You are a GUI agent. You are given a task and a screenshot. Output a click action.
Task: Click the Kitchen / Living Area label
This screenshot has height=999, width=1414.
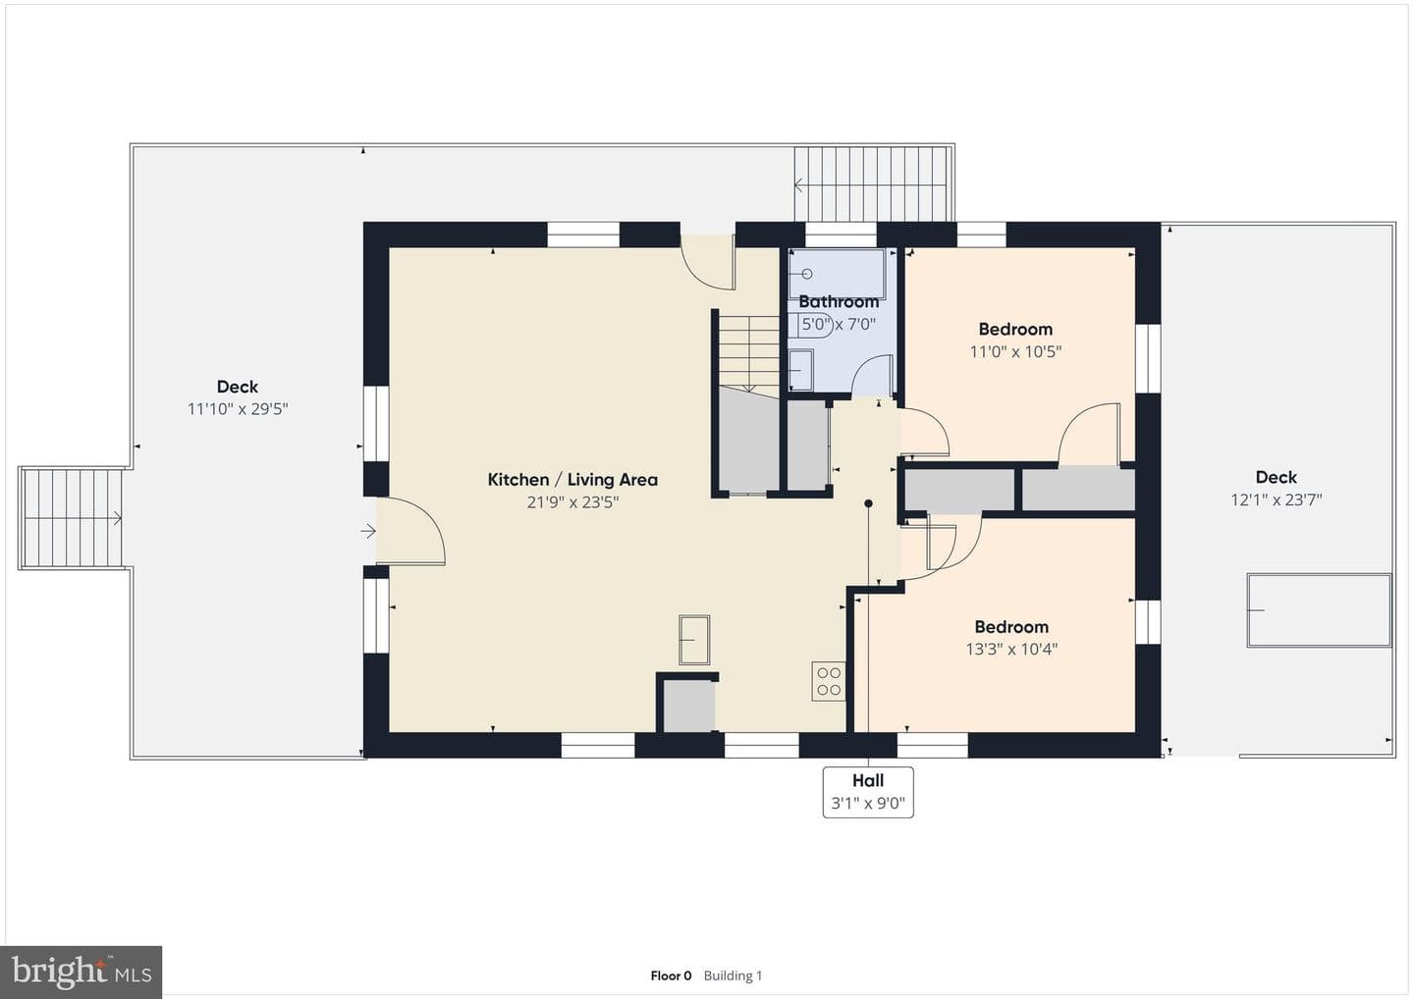click(572, 480)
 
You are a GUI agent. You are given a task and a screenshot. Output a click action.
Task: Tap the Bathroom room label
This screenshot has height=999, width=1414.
click(839, 302)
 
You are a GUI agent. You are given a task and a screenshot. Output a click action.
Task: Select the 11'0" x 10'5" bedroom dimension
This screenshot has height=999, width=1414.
click(1015, 351)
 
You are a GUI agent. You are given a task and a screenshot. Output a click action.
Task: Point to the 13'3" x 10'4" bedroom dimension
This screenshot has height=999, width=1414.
click(1011, 649)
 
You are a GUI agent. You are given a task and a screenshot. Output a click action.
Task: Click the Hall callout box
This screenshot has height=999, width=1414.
click(868, 792)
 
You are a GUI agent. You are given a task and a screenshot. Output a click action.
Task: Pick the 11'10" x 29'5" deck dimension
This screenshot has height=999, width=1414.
click(238, 408)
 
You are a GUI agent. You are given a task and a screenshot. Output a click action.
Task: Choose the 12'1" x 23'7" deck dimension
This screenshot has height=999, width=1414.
click(1277, 500)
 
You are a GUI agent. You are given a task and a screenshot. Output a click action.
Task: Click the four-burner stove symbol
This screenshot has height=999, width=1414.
click(828, 681)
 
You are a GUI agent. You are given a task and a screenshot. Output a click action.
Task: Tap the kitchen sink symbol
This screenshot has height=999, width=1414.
click(693, 640)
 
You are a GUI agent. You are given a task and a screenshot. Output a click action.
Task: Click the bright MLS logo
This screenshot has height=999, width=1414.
click(81, 972)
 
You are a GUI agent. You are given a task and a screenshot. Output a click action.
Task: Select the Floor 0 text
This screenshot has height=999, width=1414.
click(671, 975)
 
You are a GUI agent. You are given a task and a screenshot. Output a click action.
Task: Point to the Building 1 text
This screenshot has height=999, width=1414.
click(733, 975)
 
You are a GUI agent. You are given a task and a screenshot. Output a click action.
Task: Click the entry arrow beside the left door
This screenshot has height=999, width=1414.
click(368, 531)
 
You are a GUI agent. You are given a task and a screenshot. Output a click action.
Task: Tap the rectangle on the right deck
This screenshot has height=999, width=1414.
click(1319, 609)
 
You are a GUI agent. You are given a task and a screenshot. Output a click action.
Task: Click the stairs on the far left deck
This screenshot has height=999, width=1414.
click(72, 518)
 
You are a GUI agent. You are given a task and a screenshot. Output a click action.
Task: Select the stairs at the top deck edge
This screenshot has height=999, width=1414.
click(873, 184)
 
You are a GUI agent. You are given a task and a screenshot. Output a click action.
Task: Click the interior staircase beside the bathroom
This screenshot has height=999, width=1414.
click(749, 354)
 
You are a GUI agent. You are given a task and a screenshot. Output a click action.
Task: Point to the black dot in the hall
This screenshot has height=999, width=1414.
click(869, 503)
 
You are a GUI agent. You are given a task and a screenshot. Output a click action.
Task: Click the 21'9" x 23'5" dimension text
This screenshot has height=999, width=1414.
click(572, 502)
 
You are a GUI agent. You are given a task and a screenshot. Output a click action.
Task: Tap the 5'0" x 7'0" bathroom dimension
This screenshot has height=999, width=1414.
click(839, 325)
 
